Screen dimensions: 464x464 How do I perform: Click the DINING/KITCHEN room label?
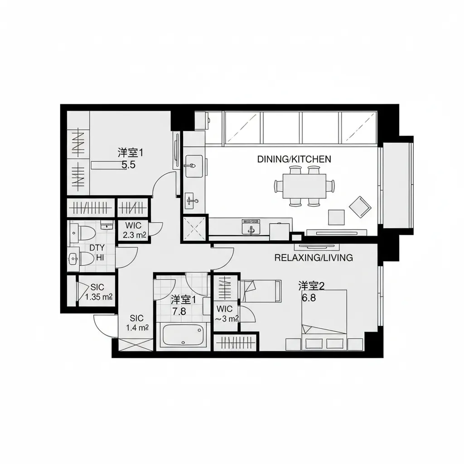[294, 159]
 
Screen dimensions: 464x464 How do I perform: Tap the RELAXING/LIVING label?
[314, 258]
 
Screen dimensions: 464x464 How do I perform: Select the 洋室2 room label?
[311, 286]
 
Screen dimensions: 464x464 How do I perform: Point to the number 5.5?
[129, 165]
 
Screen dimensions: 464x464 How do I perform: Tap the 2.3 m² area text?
[134, 235]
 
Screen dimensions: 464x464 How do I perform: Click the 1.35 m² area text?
[99, 297]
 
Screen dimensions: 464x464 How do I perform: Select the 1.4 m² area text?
[138, 328]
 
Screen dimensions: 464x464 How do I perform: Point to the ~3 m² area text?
[226, 319]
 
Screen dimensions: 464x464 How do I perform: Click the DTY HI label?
[97, 252]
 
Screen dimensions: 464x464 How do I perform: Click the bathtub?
[182, 336]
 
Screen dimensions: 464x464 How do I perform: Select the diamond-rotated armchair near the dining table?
[361, 206]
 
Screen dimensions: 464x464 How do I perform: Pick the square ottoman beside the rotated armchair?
[336, 217]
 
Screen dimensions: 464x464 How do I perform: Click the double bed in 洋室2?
[324, 317]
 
